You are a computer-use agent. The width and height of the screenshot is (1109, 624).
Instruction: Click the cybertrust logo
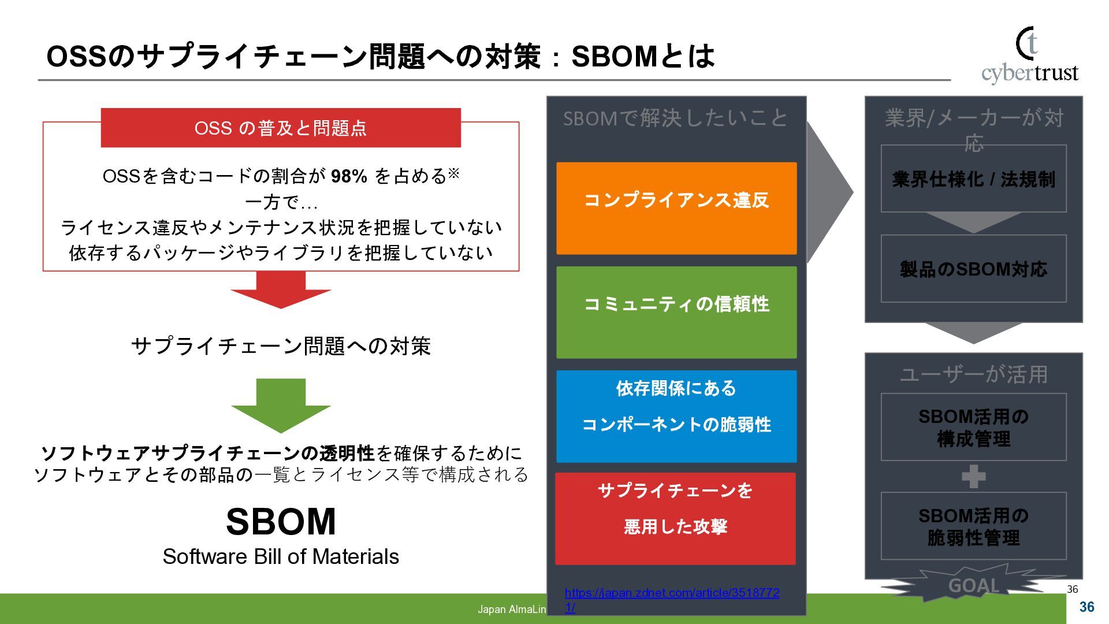(x=1029, y=57)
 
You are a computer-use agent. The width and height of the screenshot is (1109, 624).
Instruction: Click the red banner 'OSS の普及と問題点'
(x=281, y=128)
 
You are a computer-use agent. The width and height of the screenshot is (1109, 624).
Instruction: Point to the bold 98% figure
(x=349, y=176)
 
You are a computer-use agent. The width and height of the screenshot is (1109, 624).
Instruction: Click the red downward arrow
(x=281, y=290)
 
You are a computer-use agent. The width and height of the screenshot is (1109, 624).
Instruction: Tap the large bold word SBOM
(x=281, y=521)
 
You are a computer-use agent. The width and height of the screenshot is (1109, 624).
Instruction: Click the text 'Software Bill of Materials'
(x=281, y=556)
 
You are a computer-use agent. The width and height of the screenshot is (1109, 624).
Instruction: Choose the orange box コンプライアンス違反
(x=676, y=208)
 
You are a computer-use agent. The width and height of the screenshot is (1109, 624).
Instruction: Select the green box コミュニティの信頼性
(x=676, y=312)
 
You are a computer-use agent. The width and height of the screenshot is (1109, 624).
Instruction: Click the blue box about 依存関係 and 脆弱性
(x=676, y=416)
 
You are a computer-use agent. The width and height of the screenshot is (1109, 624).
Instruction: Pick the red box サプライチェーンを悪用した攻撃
(x=675, y=518)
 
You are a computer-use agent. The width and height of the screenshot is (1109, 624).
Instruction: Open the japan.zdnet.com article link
(x=672, y=593)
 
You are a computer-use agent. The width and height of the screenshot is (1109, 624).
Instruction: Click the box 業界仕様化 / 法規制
(x=973, y=179)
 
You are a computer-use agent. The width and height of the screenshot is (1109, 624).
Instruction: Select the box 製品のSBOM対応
(x=973, y=269)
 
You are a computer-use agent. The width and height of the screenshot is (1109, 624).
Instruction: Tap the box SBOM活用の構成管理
(x=973, y=428)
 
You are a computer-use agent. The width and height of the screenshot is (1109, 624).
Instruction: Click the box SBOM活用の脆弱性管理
(x=973, y=526)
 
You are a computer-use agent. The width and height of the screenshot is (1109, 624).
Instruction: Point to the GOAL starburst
(x=973, y=585)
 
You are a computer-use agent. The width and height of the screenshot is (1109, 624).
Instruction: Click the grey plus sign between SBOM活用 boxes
(x=973, y=477)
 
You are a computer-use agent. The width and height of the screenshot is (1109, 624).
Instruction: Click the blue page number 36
(x=1086, y=607)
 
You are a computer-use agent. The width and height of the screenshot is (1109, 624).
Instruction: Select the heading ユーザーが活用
(x=973, y=374)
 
